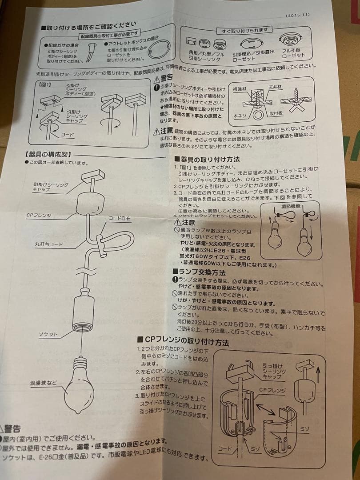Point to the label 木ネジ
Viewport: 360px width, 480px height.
[240, 115]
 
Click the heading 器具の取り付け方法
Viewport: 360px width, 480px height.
[209, 159]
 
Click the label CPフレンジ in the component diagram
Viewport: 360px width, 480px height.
[39, 215]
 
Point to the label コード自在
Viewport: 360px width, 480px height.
[120, 218]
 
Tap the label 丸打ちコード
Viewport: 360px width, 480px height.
[49, 244]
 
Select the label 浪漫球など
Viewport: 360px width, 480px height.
[43, 382]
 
